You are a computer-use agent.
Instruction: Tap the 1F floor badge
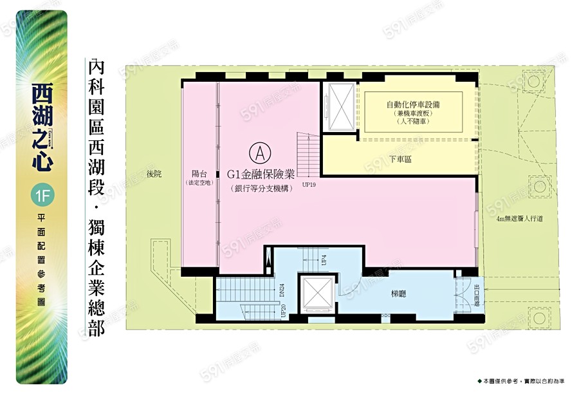pyautogui.click(x=40, y=195)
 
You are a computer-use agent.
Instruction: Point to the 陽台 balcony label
pyautogui.click(x=199, y=173)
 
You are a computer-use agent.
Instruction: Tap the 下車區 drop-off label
pyautogui.click(x=400, y=158)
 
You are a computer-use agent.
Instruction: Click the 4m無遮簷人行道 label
pyautogui.click(x=520, y=219)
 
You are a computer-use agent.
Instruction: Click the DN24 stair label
pyautogui.click(x=283, y=292)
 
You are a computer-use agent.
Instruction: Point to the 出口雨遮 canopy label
pyautogui.click(x=476, y=294)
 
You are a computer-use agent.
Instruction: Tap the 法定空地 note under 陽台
pyautogui.click(x=199, y=183)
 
